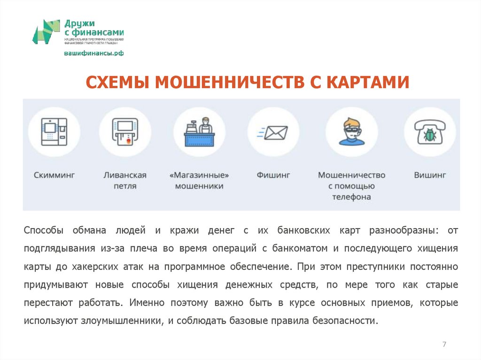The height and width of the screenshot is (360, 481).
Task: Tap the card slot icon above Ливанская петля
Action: tap(124, 132)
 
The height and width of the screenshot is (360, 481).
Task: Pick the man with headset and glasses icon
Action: tap(351, 132)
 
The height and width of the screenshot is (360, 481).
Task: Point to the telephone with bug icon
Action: tap(430, 132)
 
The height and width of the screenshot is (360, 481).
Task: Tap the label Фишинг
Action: tap(273, 175)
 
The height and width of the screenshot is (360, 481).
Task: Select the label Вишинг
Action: tap(430, 175)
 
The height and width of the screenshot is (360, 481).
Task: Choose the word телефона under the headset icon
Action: tap(351, 197)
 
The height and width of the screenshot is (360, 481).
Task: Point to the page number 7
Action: tap(444, 345)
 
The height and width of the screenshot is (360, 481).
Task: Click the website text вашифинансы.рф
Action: tap(94, 53)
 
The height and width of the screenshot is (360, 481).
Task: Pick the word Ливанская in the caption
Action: tap(125, 175)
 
